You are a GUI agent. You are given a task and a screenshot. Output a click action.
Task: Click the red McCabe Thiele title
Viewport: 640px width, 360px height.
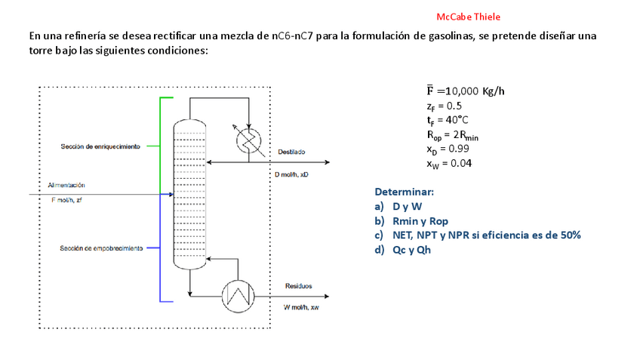[x=468, y=17]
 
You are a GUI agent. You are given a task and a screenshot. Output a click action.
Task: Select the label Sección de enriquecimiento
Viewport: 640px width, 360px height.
[x=100, y=146]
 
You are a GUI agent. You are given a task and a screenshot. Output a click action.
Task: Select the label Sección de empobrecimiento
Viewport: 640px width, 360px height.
[x=101, y=248]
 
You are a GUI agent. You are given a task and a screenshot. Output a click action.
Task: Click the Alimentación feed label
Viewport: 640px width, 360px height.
[x=66, y=185]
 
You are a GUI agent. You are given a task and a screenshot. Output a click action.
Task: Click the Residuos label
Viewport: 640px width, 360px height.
[x=298, y=286]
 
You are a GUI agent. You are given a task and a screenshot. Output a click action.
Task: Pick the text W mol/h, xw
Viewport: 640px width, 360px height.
[x=301, y=308]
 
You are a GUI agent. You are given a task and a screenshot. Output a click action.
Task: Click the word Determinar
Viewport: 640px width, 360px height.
[x=404, y=192]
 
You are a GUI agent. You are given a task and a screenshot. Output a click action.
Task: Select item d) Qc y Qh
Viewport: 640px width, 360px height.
[x=408, y=249]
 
